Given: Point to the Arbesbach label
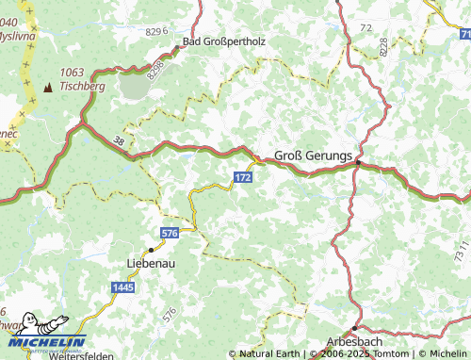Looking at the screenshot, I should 361,341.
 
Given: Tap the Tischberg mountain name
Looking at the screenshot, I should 82,86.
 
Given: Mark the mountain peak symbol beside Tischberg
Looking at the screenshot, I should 48,87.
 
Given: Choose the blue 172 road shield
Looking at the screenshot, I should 243,177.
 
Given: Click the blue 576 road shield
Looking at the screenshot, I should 170,232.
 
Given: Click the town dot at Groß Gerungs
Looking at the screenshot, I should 358,163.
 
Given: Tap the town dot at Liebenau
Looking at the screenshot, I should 151,250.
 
